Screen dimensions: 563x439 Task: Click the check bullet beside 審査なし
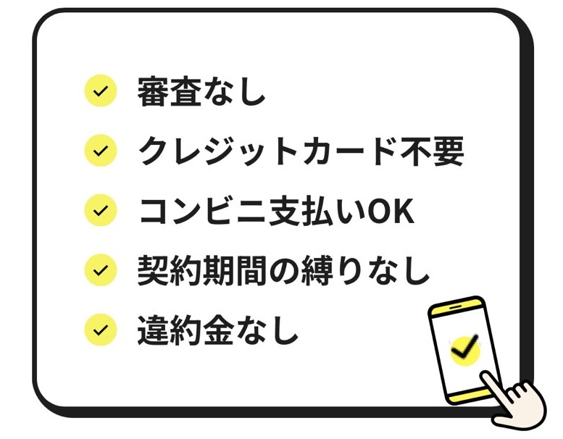(101, 91)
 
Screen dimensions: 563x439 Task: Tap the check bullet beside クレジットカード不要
(101, 151)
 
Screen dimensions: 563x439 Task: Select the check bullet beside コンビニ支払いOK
(101, 210)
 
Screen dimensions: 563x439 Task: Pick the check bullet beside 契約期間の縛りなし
(101, 270)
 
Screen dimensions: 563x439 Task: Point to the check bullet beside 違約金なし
(101, 330)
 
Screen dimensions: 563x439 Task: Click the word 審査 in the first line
(170, 91)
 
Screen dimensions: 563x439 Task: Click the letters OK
(391, 212)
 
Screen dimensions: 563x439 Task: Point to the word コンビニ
(202, 211)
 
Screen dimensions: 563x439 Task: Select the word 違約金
(185, 330)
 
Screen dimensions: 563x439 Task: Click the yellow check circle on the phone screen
(465, 350)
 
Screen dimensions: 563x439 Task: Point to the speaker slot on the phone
(456, 307)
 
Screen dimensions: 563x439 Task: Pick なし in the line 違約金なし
(267, 330)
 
